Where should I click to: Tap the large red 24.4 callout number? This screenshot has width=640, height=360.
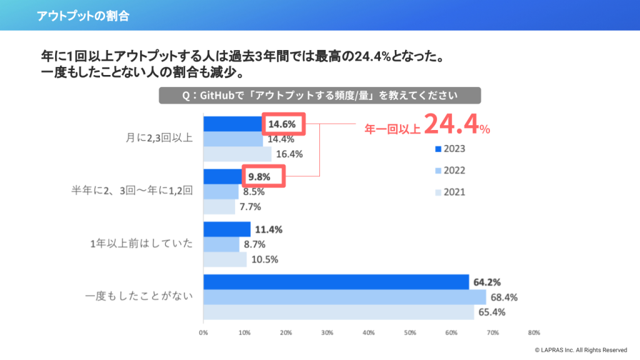click(451, 125)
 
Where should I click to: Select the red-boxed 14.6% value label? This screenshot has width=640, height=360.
click(282, 124)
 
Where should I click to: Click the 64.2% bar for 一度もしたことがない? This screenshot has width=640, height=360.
click(336, 282)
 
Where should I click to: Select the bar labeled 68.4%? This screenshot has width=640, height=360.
click(344, 297)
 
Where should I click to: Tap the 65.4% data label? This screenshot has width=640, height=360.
click(492, 312)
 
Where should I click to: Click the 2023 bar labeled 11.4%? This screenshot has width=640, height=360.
click(227, 229)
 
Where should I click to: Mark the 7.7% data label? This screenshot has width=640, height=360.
click(252, 206)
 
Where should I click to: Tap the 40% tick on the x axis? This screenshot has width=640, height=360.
click(368, 332)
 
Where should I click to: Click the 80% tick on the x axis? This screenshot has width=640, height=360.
click(533, 332)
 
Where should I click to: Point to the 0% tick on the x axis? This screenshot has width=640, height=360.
click(203, 332)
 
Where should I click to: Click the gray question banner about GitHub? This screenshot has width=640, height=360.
click(319, 96)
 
